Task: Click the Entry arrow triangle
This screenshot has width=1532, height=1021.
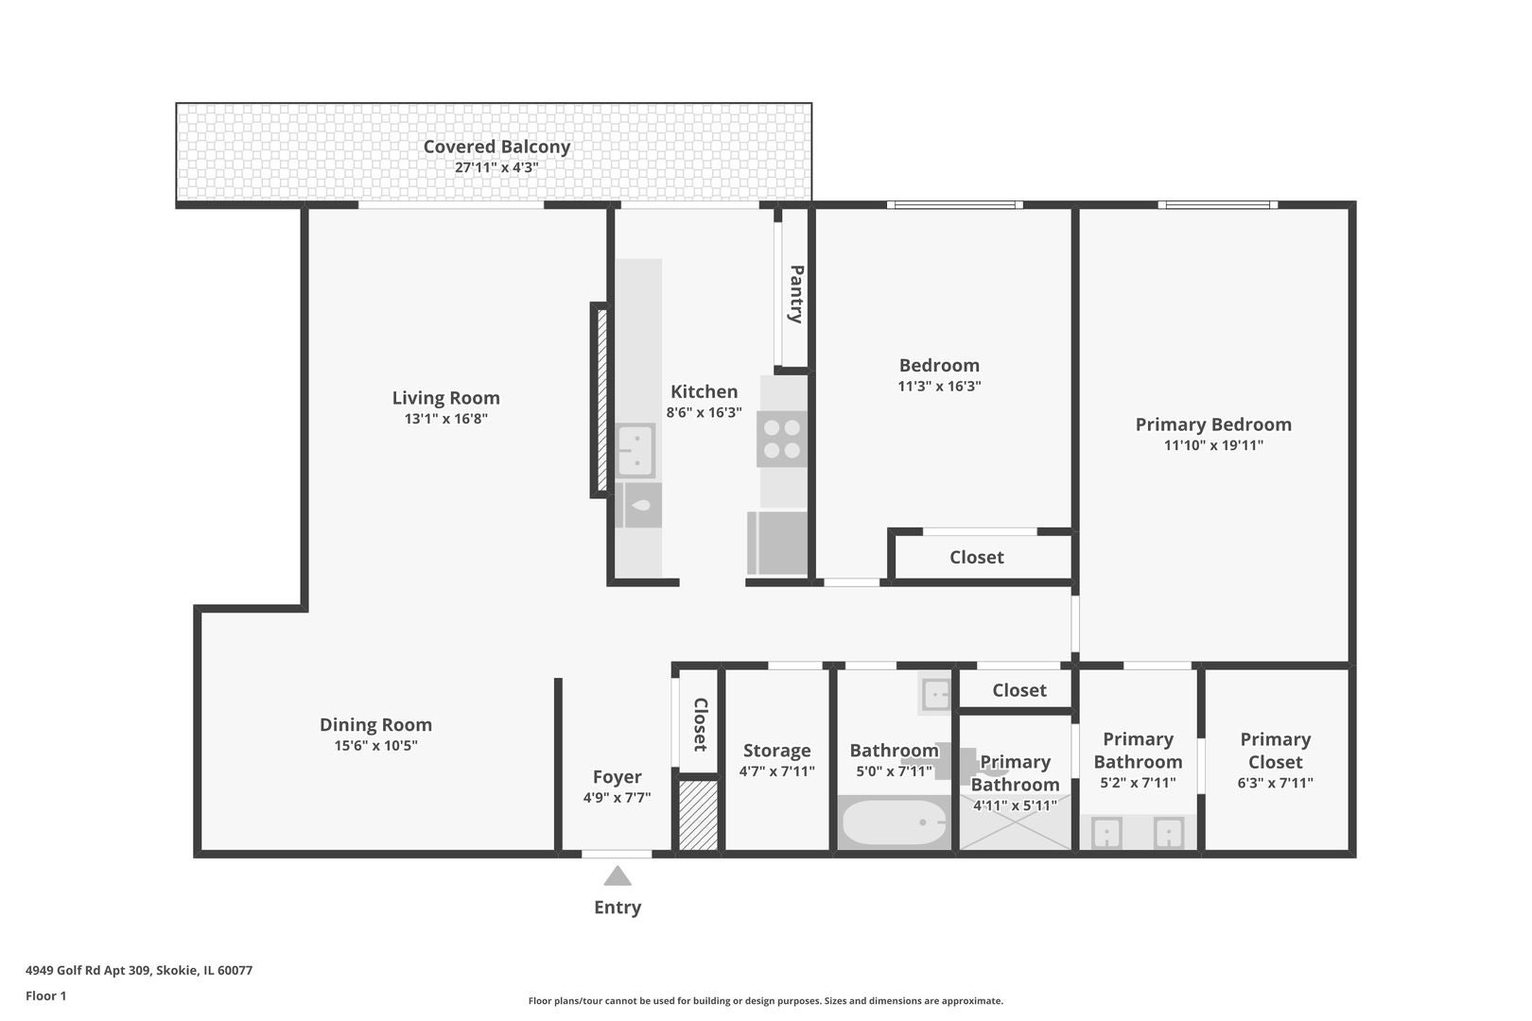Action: [618, 877]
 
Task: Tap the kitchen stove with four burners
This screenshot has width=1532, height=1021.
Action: [782, 439]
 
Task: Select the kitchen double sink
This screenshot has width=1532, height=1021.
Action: [635, 451]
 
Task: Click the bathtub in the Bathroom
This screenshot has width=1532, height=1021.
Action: [894, 823]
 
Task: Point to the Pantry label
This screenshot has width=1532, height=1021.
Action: [796, 294]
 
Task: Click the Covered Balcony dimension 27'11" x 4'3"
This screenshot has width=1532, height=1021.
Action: [496, 167]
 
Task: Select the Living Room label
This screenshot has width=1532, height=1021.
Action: [445, 398]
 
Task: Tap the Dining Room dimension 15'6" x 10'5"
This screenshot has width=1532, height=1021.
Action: [375, 746]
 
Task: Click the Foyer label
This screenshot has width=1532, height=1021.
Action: [617, 777]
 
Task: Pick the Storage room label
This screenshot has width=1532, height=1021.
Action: [776, 751]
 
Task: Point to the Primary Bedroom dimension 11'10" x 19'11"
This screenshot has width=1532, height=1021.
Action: [1213, 445]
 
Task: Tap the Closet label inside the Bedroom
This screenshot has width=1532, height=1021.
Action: [977, 558]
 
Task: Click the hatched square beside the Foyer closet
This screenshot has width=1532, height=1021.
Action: [698, 814]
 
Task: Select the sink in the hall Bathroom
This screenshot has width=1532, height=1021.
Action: [935, 695]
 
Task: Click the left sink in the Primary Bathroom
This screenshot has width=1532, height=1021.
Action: [1106, 834]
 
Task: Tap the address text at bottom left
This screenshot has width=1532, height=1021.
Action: [139, 970]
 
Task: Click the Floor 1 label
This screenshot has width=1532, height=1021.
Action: [46, 995]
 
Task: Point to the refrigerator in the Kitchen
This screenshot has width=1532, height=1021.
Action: [778, 543]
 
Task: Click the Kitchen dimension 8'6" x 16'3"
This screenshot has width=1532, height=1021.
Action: [704, 413]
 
